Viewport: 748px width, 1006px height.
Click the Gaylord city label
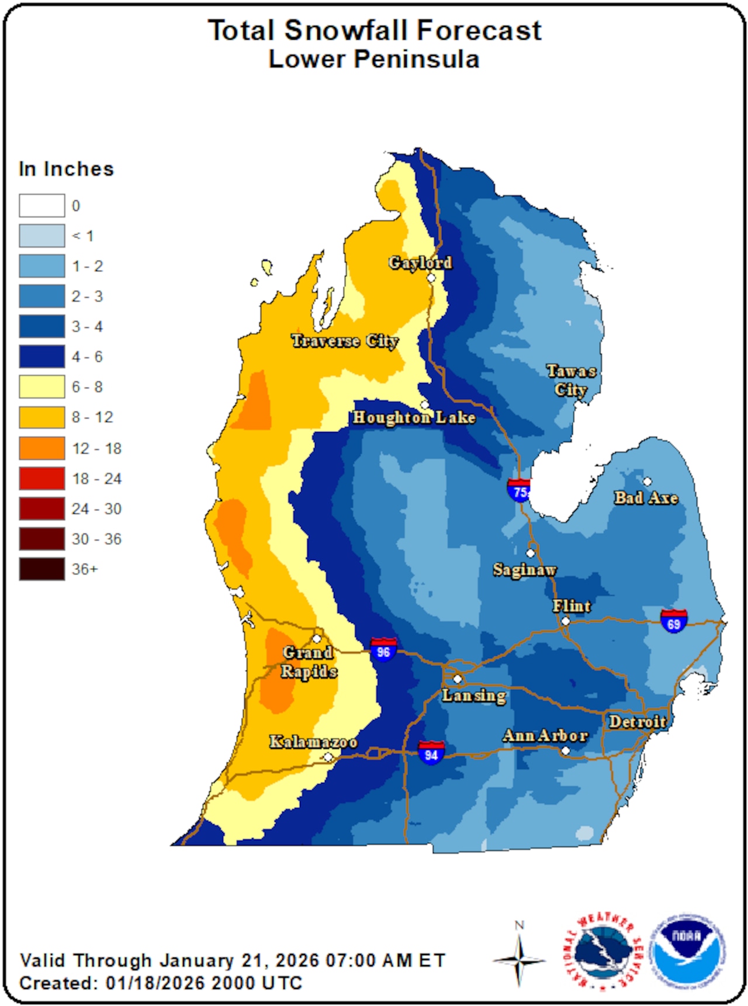point(420,263)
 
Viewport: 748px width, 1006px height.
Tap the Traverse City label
point(345,341)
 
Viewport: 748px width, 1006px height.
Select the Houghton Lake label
point(414,417)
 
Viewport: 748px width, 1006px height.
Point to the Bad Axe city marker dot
point(647,482)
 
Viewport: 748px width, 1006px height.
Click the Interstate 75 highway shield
point(518,490)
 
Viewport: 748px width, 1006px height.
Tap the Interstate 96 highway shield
point(383,649)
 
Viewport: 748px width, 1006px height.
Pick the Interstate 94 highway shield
point(431,752)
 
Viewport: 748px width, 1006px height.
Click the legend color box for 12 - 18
point(41,448)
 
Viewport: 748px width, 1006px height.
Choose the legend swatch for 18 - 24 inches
point(41,479)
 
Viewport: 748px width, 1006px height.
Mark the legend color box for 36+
point(41,569)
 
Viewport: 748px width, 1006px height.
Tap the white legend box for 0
point(41,206)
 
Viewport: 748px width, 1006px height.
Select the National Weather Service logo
point(602,951)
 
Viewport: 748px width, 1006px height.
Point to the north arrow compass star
point(519,960)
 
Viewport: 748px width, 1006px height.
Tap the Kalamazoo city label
point(313,742)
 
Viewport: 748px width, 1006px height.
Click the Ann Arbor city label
point(545,735)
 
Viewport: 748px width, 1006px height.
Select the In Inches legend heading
point(66,169)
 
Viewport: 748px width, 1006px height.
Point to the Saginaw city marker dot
point(531,553)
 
